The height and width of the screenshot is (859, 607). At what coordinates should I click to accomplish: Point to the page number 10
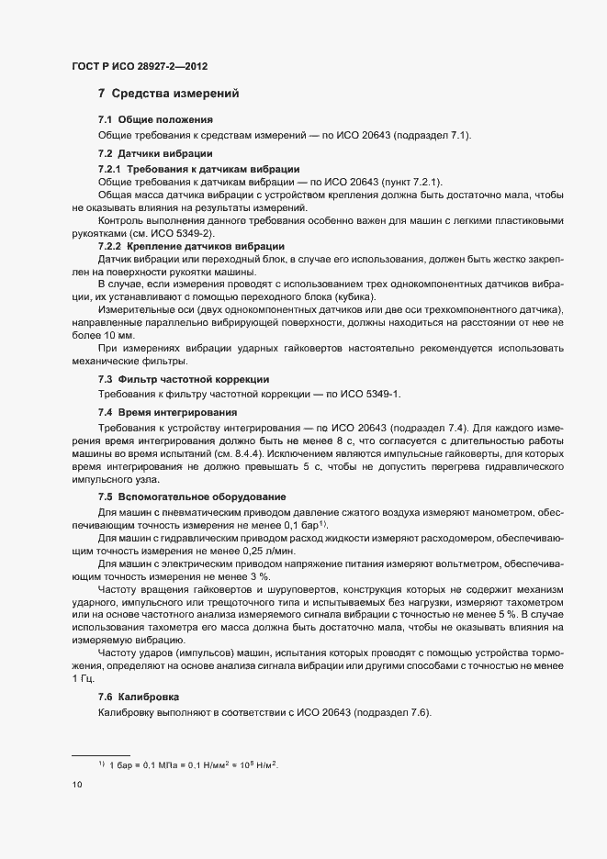point(77,785)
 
